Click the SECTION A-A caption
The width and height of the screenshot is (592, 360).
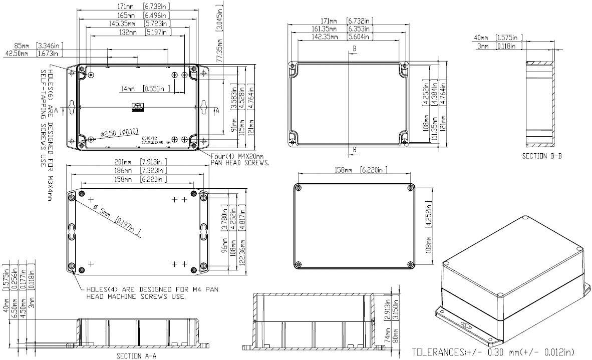[x=137, y=356]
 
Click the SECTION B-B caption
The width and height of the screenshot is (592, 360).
[x=542, y=156]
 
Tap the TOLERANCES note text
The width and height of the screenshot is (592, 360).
[x=493, y=352]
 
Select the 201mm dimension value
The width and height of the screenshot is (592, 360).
[x=123, y=162]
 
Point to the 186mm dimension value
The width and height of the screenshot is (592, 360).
[x=123, y=170]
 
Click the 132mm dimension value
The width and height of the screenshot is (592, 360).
[x=128, y=32]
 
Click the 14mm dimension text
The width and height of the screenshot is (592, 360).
[x=127, y=89]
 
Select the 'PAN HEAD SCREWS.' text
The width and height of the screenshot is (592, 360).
[x=240, y=163]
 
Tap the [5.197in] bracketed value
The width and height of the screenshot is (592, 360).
[x=158, y=32]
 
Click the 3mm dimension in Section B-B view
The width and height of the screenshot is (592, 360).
[x=483, y=46]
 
